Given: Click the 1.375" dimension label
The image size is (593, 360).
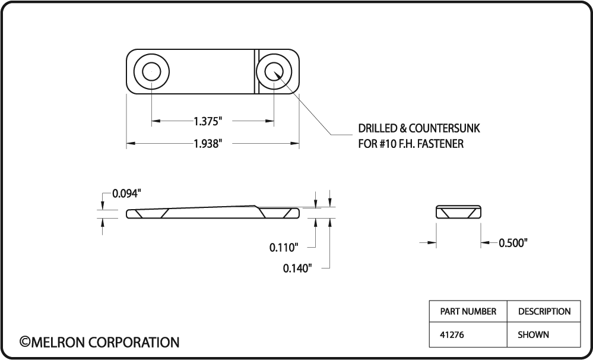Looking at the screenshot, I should pos(208,121).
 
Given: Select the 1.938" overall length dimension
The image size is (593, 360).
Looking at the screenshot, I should pos(208,144).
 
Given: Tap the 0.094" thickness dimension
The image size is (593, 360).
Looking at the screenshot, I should pos(127,194).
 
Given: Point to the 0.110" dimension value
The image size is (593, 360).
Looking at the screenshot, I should pos(283,247).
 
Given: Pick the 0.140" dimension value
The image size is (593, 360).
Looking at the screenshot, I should pos(297,269).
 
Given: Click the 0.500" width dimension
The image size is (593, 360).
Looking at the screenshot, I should pos(513,242).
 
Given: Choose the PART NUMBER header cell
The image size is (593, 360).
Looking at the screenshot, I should pos(468,311).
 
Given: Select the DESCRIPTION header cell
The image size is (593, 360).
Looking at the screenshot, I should pos(544,311).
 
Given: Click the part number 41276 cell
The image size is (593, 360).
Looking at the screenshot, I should pos(452,334).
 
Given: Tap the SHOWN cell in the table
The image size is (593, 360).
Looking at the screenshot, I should pos(533,334).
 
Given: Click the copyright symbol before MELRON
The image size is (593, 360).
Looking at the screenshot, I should pos(25,342).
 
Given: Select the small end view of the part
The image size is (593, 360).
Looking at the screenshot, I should pos(458,212).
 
